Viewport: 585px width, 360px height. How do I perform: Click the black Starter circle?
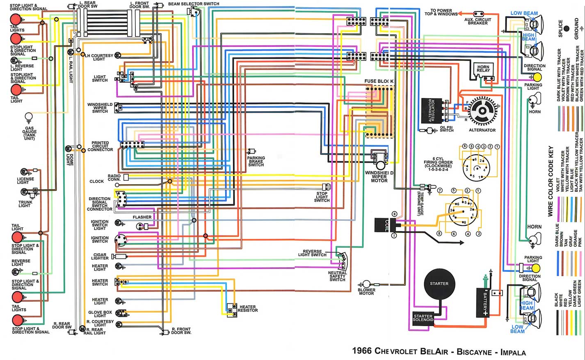pyautogui.click(x=439, y=284)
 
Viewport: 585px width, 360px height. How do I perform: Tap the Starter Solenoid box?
pyautogui.click(x=423, y=318)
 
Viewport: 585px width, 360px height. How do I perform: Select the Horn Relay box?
pyautogui.click(x=483, y=69)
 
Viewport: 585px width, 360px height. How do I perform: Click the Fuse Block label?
pyautogui.click(x=379, y=81)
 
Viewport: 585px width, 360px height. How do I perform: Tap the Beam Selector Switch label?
pyautogui.click(x=194, y=4)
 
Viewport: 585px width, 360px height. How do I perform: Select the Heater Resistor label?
pyautogui.click(x=248, y=309)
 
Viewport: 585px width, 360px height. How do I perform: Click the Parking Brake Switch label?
pyautogui.click(x=256, y=161)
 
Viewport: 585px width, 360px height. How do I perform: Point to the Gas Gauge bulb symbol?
pyautogui.click(x=29, y=117)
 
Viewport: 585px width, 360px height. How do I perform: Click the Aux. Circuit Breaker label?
pyautogui.click(x=478, y=21)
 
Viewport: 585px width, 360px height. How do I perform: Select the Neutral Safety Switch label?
pyautogui.click(x=337, y=276)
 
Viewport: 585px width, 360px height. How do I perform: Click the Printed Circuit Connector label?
pyautogui.click(x=100, y=147)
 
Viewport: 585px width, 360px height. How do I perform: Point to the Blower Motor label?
pyautogui.click(x=366, y=292)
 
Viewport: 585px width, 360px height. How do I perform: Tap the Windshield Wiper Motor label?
pyautogui.click(x=379, y=177)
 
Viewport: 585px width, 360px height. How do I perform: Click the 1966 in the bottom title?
pyautogui.click(x=361, y=351)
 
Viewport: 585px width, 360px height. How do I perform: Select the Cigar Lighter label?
pyautogui.click(x=100, y=257)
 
